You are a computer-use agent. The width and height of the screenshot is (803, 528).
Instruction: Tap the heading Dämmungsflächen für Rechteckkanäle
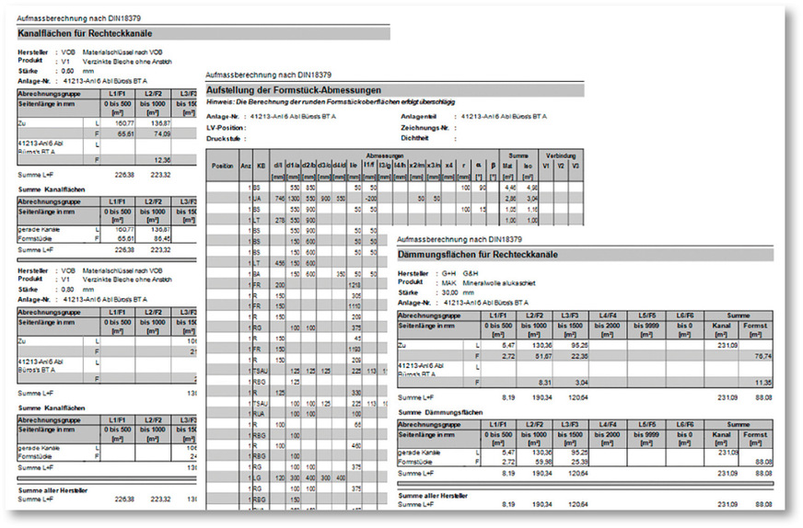(491, 254)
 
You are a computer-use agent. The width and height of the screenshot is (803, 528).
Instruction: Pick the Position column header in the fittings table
(223, 166)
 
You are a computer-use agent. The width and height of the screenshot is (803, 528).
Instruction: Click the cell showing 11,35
(756, 381)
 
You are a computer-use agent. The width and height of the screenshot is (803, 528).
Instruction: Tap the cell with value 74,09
(162, 133)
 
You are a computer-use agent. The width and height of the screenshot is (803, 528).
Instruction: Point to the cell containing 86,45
(162, 236)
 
